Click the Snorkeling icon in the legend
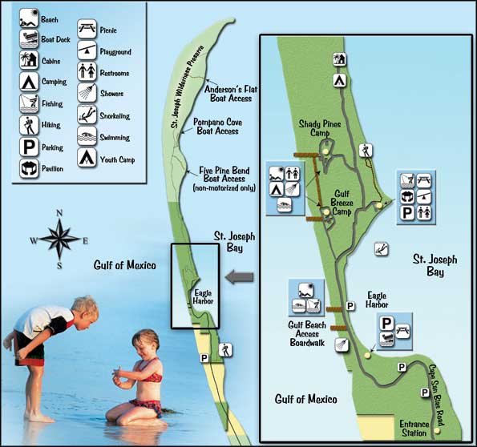[87, 115]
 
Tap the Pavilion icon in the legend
[29, 168]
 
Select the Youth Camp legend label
[117, 159]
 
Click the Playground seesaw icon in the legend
[87, 50]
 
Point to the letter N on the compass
[59, 213]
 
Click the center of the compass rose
[60, 239]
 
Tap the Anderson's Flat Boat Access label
[231, 94]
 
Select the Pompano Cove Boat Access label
[218, 127]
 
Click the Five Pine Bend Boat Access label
[224, 179]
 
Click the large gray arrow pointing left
[240, 277]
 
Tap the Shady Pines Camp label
[320, 128]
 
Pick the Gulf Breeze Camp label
[342, 203]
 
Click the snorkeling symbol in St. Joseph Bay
[381, 249]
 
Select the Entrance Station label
[414, 428]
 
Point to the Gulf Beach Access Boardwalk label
[307, 334]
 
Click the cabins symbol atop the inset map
[339, 59]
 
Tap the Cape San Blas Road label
[436, 395]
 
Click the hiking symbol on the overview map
[225, 350]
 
